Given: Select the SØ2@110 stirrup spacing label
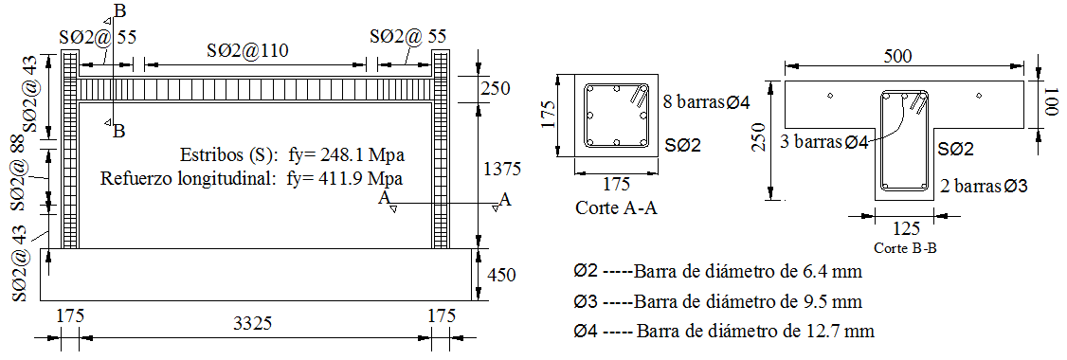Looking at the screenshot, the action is pos(247,50).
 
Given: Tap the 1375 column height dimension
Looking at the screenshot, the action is pos(501,168).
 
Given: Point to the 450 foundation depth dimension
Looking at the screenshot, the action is pos(501,275).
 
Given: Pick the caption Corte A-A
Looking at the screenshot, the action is pos(617,207).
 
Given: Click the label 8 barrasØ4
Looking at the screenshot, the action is pos(706,102).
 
